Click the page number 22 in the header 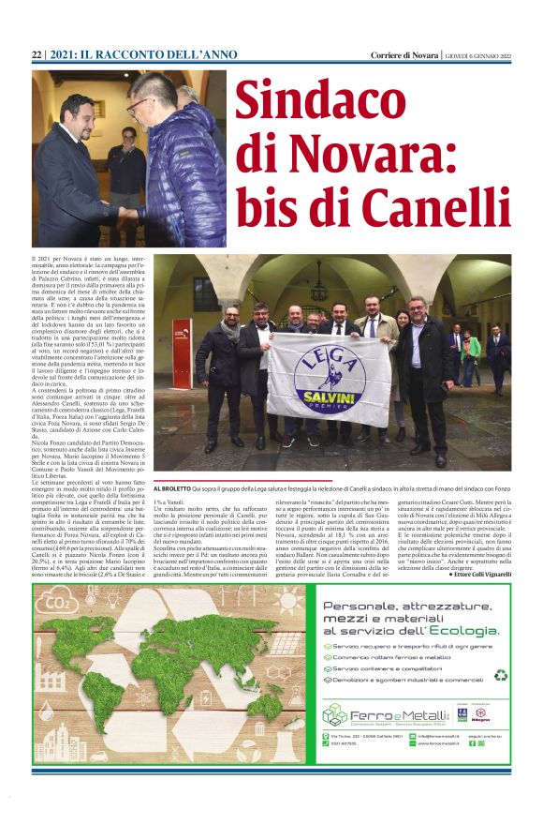coord(37,55)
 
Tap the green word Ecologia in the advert coord(460,631)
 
